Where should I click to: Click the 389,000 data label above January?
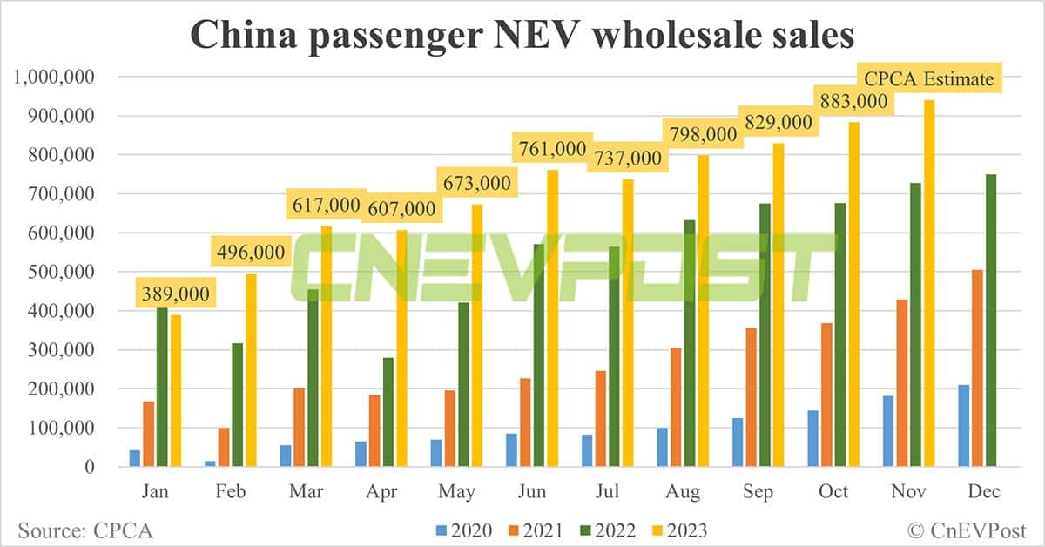tap(176, 294)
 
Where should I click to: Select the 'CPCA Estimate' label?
tap(928, 79)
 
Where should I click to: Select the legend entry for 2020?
tap(462, 530)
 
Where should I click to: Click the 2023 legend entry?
tap(677, 530)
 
